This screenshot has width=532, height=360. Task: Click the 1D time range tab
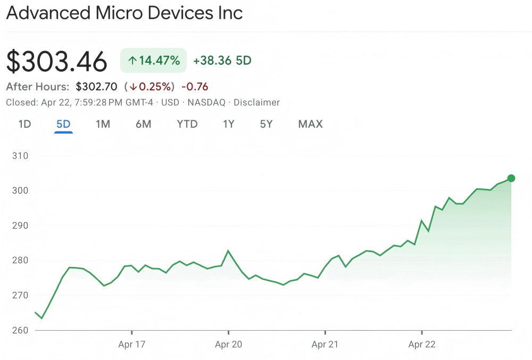tap(24, 124)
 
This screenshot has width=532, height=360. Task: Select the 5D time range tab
tap(63, 124)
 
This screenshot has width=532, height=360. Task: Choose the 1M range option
tap(103, 124)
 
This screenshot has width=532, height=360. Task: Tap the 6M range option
tap(143, 124)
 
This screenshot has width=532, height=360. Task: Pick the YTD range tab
tap(187, 124)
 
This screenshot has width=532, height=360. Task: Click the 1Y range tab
tap(229, 124)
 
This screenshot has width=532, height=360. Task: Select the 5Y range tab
tap(267, 124)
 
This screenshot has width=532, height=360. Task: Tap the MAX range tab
tap(310, 124)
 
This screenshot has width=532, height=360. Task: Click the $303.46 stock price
tap(56, 61)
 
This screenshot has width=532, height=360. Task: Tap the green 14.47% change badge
tap(154, 60)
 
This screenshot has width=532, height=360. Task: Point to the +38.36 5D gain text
tap(222, 61)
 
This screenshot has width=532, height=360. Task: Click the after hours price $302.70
tap(96, 87)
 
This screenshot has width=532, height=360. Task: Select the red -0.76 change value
tap(195, 87)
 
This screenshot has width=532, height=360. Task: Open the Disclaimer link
tap(256, 103)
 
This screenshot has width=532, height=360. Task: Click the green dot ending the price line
tap(511, 178)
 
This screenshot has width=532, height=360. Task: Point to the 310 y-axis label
tap(20, 156)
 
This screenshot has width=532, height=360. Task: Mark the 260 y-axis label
tap(20, 330)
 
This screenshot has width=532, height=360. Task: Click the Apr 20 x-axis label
tap(228, 345)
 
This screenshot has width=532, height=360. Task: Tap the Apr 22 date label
tap(422, 345)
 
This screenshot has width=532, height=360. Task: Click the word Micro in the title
tap(120, 13)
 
